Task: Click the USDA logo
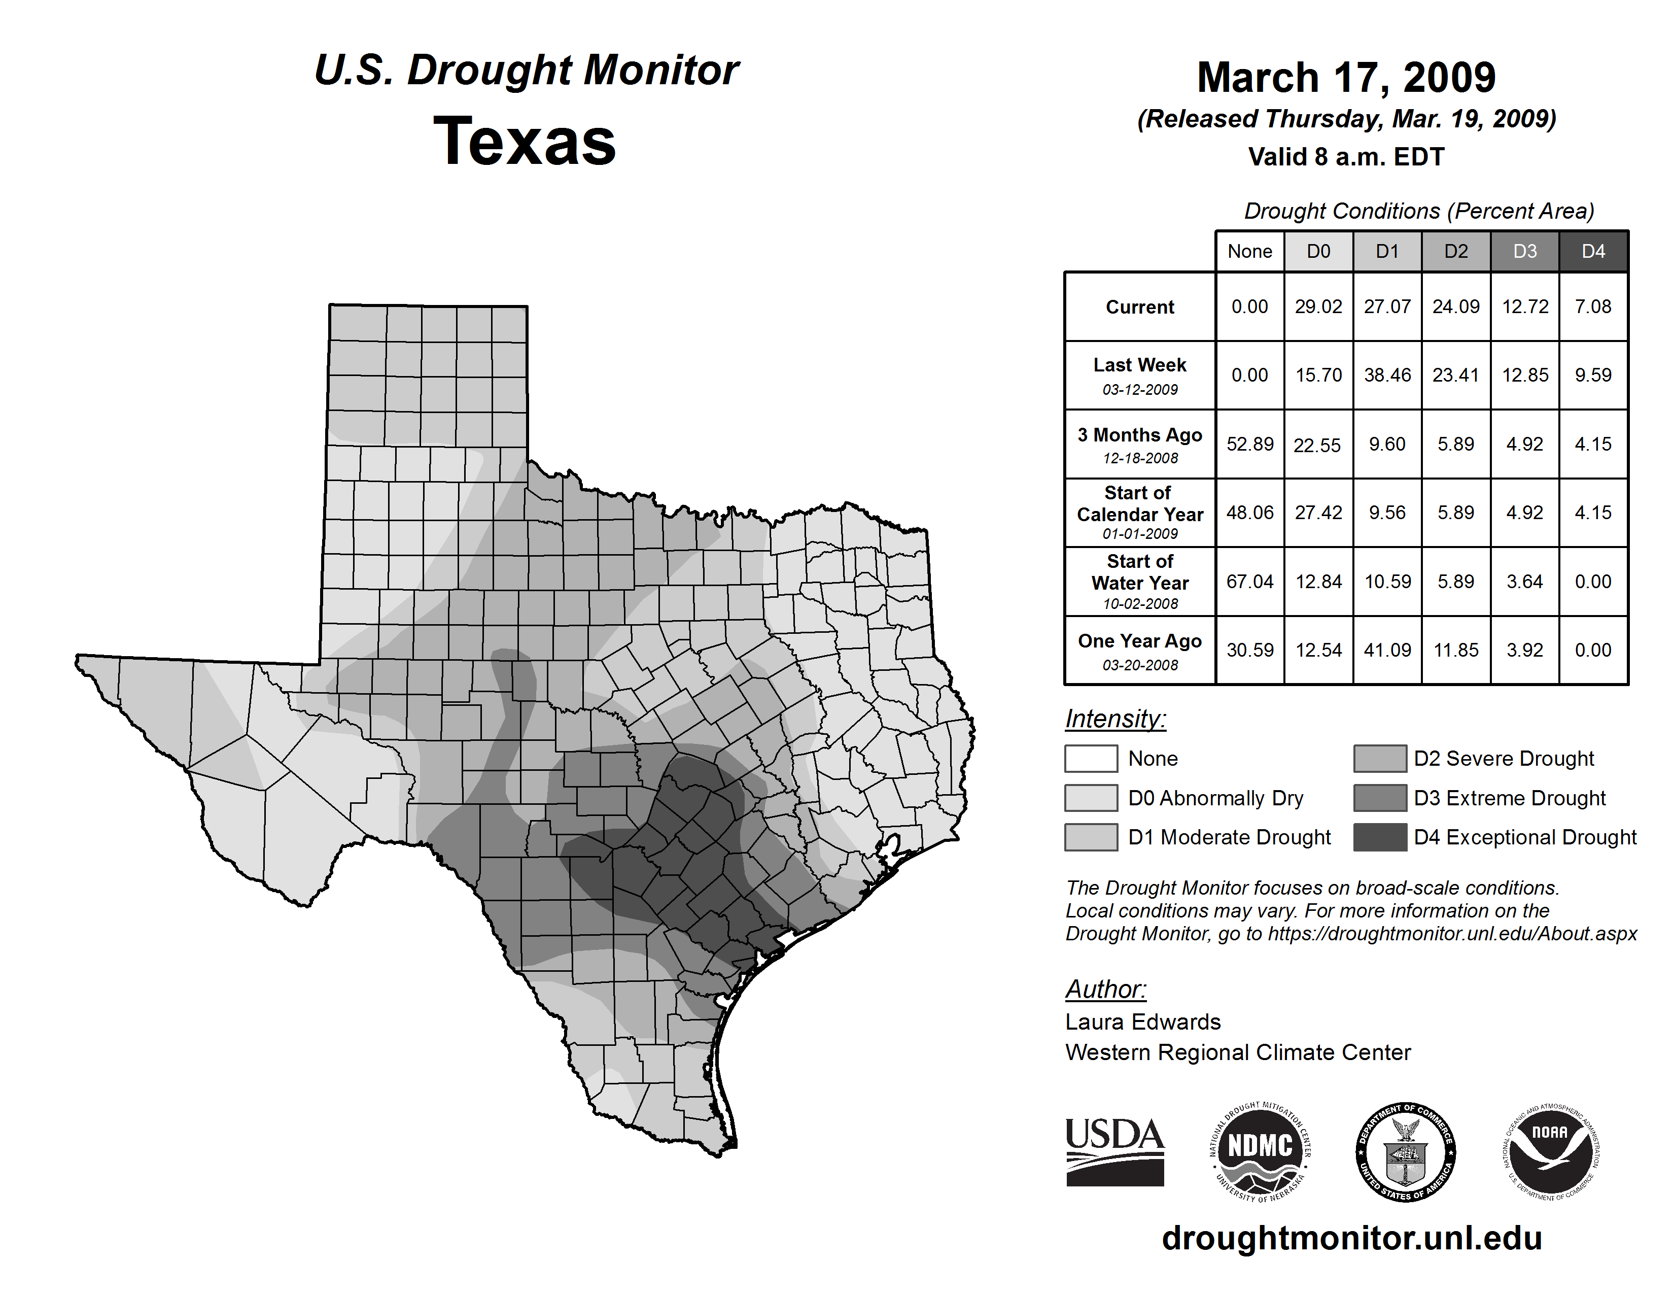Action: [1114, 1151]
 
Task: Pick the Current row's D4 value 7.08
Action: [1593, 307]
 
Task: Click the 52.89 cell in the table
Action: [1249, 444]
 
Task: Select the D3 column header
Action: [1524, 251]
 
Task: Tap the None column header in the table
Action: [1249, 251]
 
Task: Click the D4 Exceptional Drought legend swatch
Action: [1380, 837]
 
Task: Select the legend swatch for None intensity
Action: [1091, 758]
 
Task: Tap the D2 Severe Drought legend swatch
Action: [1380, 758]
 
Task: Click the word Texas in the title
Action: [525, 142]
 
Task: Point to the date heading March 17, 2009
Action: [1346, 78]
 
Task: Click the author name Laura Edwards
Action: [1143, 1022]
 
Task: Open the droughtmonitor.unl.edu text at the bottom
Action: [1352, 1238]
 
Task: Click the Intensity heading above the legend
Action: [1115, 719]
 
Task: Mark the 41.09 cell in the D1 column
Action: [1387, 650]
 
